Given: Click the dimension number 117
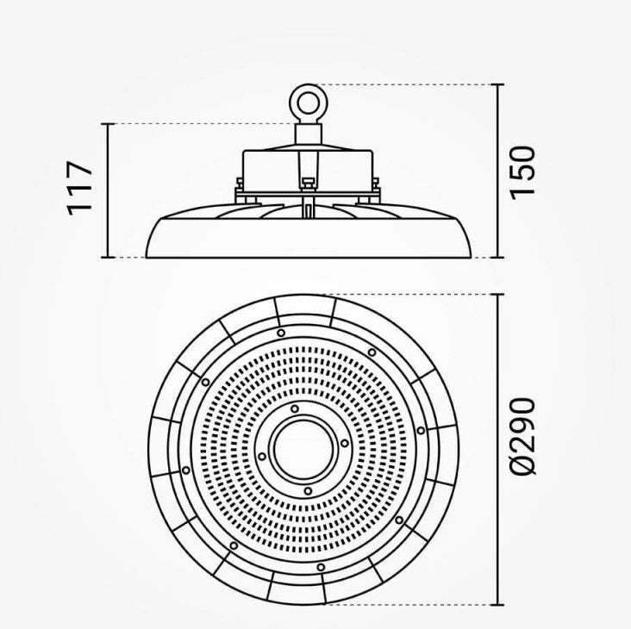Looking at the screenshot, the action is (79, 189).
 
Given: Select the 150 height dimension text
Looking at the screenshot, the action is (522, 173).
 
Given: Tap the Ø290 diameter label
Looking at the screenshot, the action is (522, 436).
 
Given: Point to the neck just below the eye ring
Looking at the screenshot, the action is (309, 134).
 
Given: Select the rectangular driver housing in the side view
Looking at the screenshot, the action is (308, 171).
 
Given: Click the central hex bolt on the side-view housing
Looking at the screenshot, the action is (308, 183).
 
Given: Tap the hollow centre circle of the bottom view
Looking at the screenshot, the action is (303, 448).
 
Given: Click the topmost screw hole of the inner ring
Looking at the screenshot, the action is (295, 408).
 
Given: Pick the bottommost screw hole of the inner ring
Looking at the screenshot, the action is (308, 491).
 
